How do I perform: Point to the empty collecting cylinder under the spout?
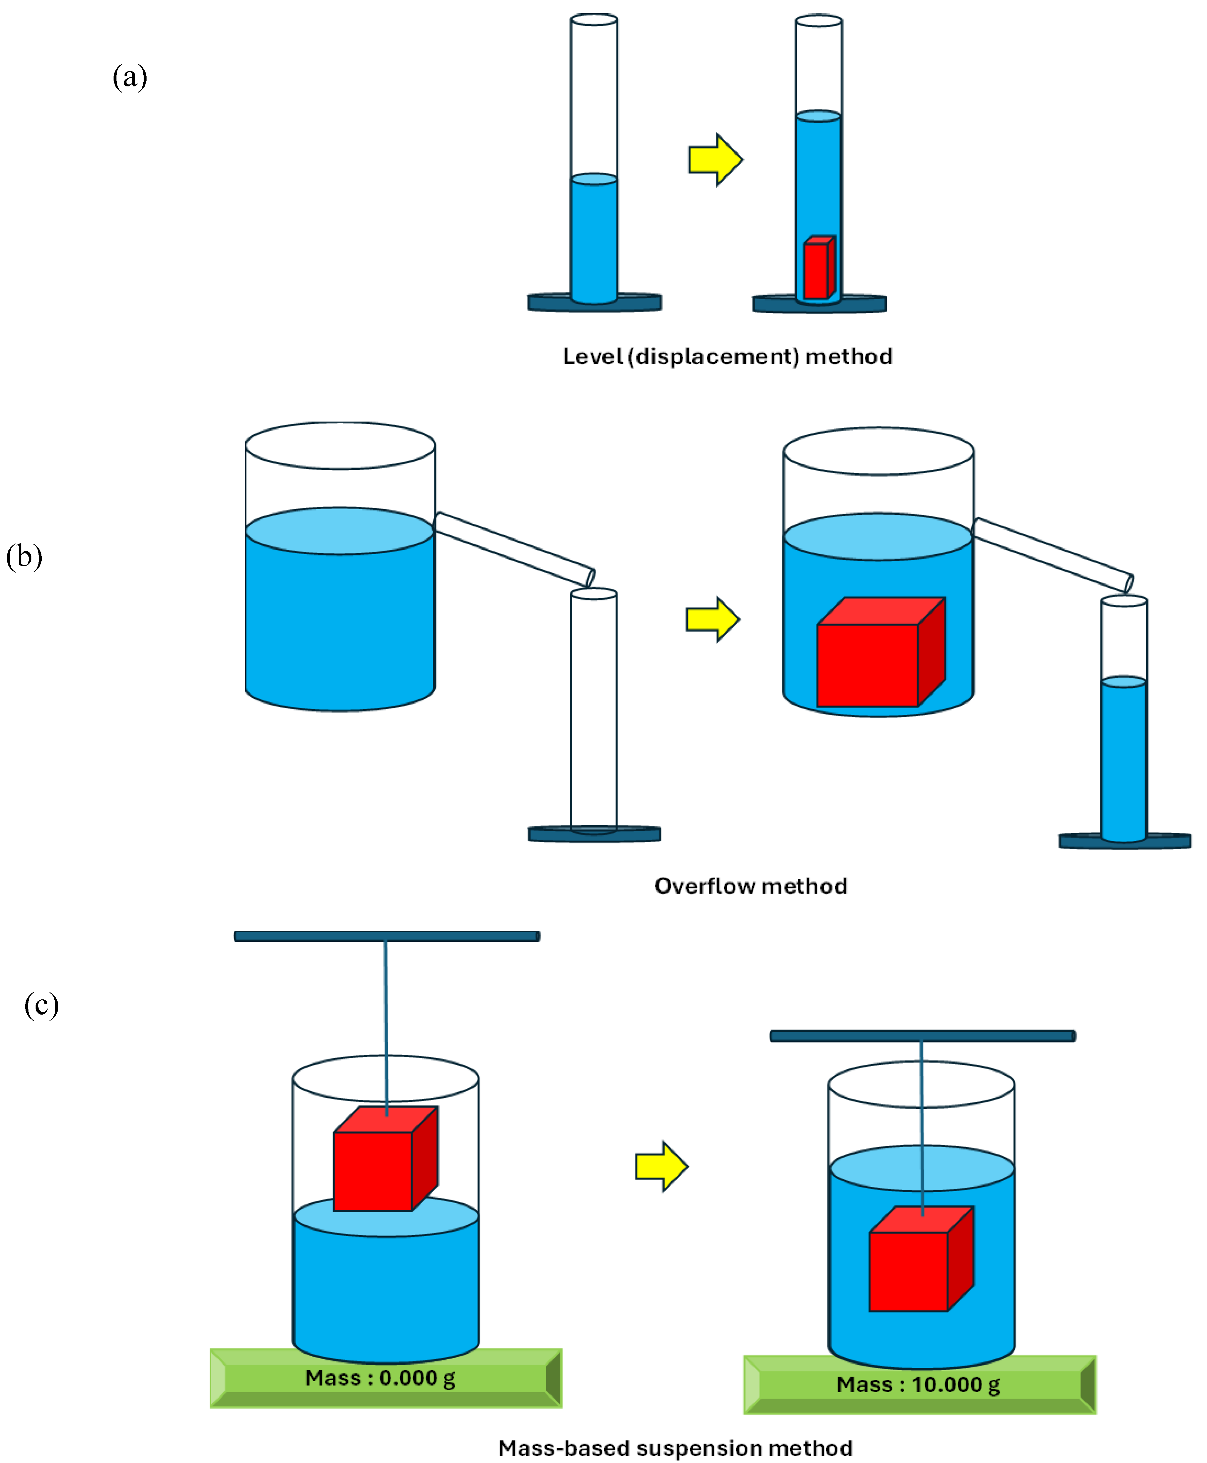pyautogui.click(x=594, y=709)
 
